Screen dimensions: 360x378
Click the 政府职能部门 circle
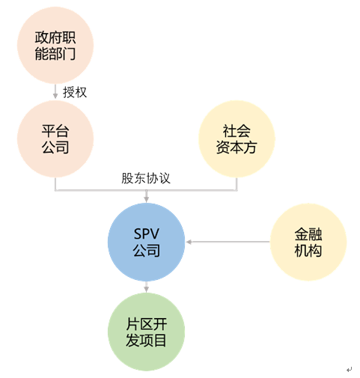55,45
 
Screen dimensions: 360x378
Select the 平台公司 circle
55,139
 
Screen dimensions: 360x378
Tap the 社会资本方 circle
237,139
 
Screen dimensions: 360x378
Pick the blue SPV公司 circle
146,242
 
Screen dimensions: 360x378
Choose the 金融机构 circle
308,242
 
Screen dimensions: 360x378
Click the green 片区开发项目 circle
146,332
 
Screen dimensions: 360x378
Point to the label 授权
75,92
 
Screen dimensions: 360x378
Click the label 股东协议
146,178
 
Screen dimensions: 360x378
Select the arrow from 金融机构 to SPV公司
228,242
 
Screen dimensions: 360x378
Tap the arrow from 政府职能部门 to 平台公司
55,91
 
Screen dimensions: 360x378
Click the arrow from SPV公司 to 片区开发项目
146,287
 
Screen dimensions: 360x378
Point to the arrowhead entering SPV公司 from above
146,199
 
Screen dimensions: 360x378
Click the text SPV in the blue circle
146,234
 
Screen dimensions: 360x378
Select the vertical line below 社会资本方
237,184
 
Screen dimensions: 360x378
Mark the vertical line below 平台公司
55,184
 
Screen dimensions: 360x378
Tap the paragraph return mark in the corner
349,370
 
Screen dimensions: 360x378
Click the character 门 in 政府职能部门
69,53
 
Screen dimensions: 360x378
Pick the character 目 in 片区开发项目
159,341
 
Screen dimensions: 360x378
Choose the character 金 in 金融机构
302,234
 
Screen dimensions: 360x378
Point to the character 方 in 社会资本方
250,147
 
